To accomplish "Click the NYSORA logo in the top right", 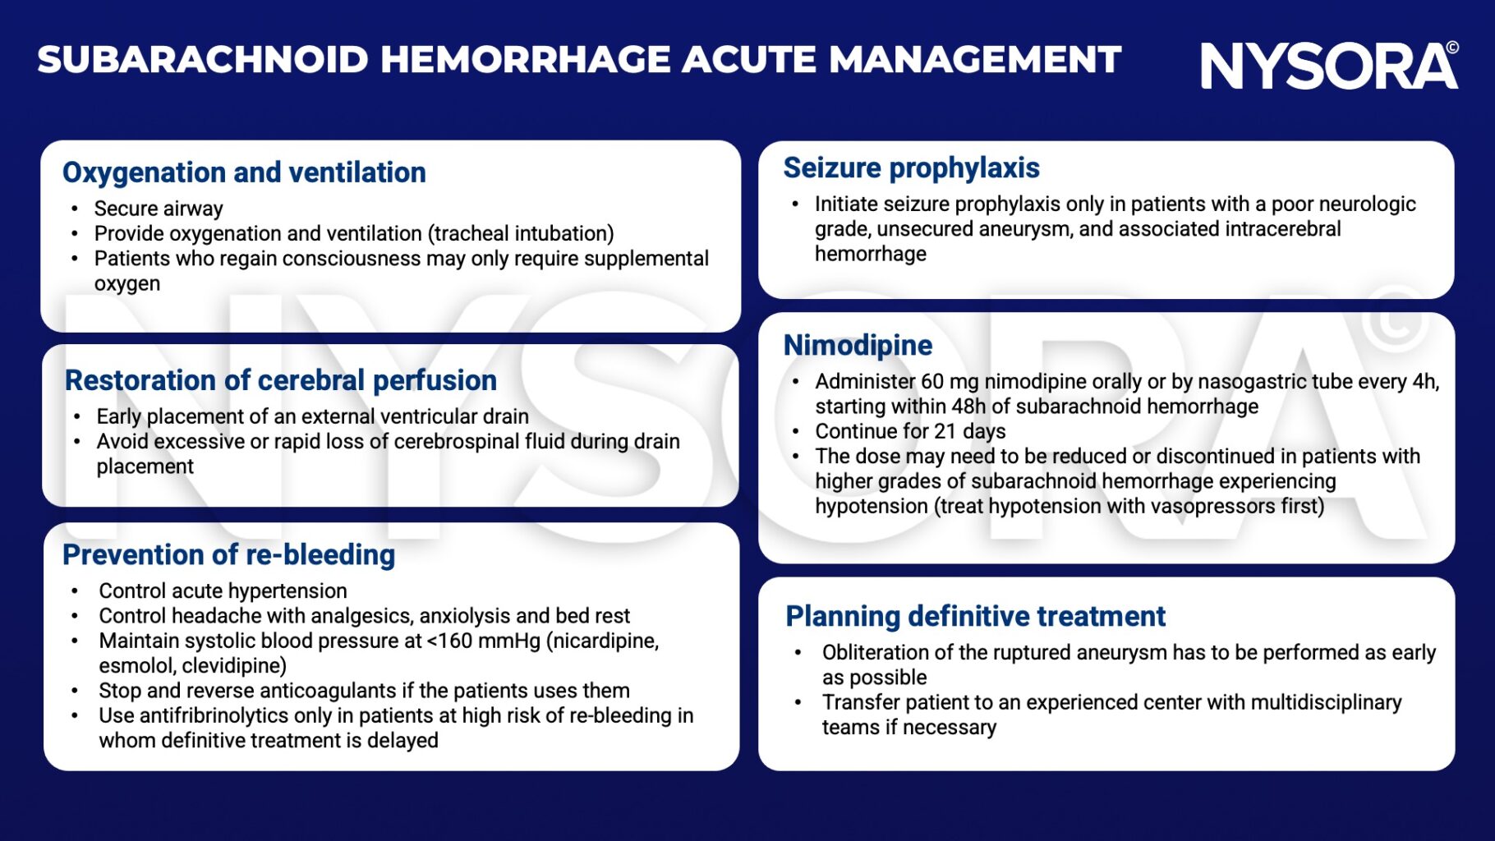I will (1327, 66).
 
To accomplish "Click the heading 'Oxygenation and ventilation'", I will (244, 172).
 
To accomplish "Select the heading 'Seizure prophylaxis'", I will (911, 168).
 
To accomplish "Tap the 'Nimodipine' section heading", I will (858, 345).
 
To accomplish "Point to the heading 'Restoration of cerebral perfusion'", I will (281, 380).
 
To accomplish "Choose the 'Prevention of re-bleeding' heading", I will (228, 555).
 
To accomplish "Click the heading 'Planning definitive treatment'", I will (975, 616).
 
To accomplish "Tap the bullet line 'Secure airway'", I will (159, 209).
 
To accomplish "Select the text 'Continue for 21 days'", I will (910, 431).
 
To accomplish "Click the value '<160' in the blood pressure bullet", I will (450, 641).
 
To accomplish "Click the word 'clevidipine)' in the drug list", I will (234, 665).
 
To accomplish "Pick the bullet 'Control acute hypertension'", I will (223, 591).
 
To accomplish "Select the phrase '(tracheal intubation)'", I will (521, 234).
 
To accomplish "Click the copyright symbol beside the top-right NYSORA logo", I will (1452, 48).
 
